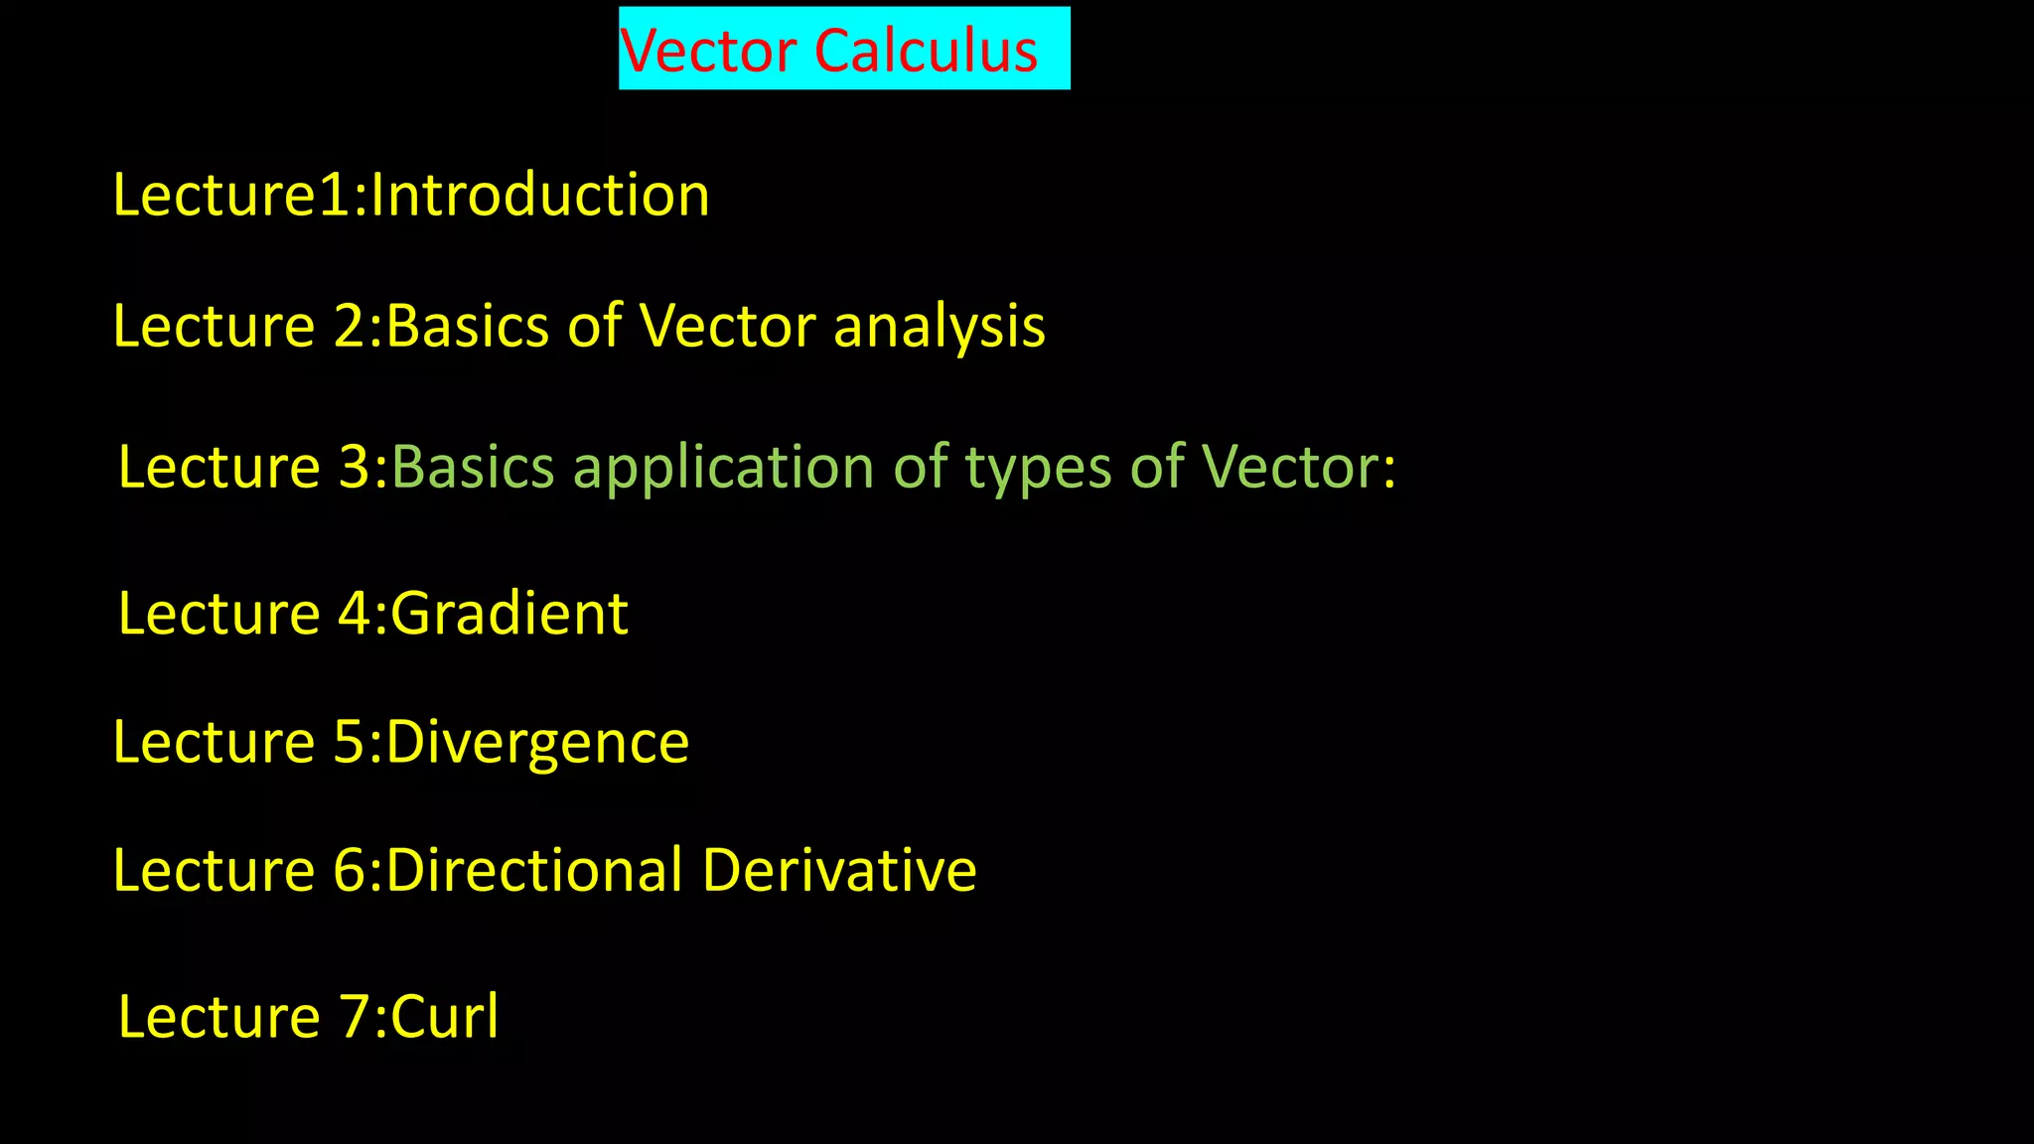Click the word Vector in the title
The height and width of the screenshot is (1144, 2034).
point(707,51)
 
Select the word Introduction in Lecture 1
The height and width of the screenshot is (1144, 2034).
point(540,195)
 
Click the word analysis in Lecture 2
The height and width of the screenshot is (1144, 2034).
point(939,327)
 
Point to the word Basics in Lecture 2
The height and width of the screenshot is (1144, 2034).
point(467,327)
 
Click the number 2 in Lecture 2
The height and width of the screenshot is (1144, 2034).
point(351,327)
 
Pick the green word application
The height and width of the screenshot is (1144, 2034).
point(724,468)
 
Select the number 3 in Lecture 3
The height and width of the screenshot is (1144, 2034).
point(355,468)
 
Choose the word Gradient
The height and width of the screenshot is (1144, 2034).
point(509,614)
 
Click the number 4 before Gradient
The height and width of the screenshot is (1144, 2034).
point(355,614)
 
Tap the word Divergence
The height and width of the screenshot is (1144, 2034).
point(537,743)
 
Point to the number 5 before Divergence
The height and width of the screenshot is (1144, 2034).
point(350,743)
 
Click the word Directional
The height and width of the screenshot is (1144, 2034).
point(534,871)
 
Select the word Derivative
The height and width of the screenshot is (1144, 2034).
point(839,871)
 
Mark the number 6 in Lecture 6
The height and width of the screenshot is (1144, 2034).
point(351,871)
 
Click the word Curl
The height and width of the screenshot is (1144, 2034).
point(445,1018)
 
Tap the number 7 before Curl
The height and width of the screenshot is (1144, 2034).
point(355,1018)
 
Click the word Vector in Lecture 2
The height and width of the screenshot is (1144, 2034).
point(727,327)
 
